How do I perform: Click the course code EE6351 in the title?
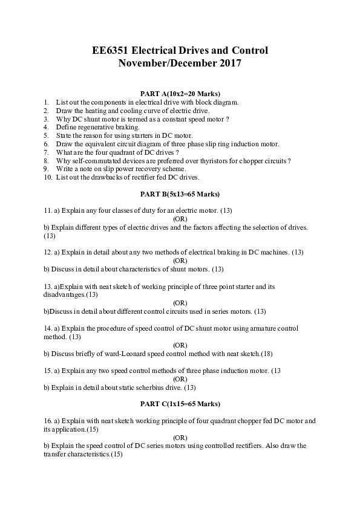point(112,50)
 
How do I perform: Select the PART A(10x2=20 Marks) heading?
point(180,94)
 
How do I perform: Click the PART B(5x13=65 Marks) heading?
point(180,194)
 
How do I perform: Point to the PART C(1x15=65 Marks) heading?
point(180,403)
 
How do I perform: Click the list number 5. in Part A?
point(46,136)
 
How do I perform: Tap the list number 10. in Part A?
point(48,178)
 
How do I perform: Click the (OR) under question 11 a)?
point(180,218)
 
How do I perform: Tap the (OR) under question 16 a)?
point(180,437)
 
